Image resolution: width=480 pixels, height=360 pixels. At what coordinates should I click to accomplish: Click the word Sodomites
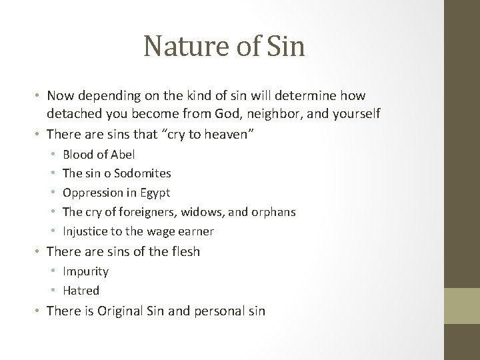pos(142,173)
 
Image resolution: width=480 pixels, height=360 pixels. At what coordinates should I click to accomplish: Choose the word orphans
pos(273,212)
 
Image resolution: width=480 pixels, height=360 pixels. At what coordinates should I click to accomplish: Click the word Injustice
pos(84,231)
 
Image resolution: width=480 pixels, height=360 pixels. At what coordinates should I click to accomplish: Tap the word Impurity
pos(85,271)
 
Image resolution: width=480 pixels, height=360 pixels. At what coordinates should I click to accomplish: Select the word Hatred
pos(81,290)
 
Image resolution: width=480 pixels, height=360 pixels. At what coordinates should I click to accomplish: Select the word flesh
pos(185,251)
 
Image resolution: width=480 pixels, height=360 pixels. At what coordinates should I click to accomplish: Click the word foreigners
pos(165,212)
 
